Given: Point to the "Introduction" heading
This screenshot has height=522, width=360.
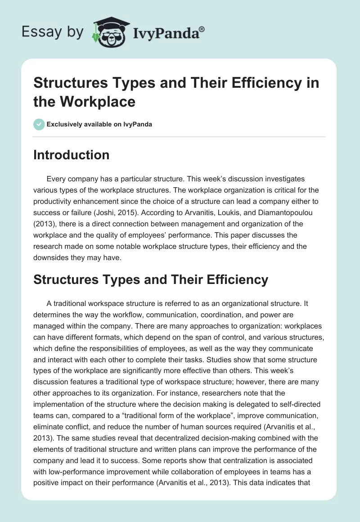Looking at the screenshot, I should [71, 155].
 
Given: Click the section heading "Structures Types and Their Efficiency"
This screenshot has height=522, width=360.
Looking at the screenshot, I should [151, 279].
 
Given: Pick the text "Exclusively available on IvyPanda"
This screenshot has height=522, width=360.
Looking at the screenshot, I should [99, 124].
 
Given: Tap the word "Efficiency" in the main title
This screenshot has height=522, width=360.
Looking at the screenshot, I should [256, 83].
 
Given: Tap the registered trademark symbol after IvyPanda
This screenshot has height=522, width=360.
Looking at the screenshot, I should [202, 28].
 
